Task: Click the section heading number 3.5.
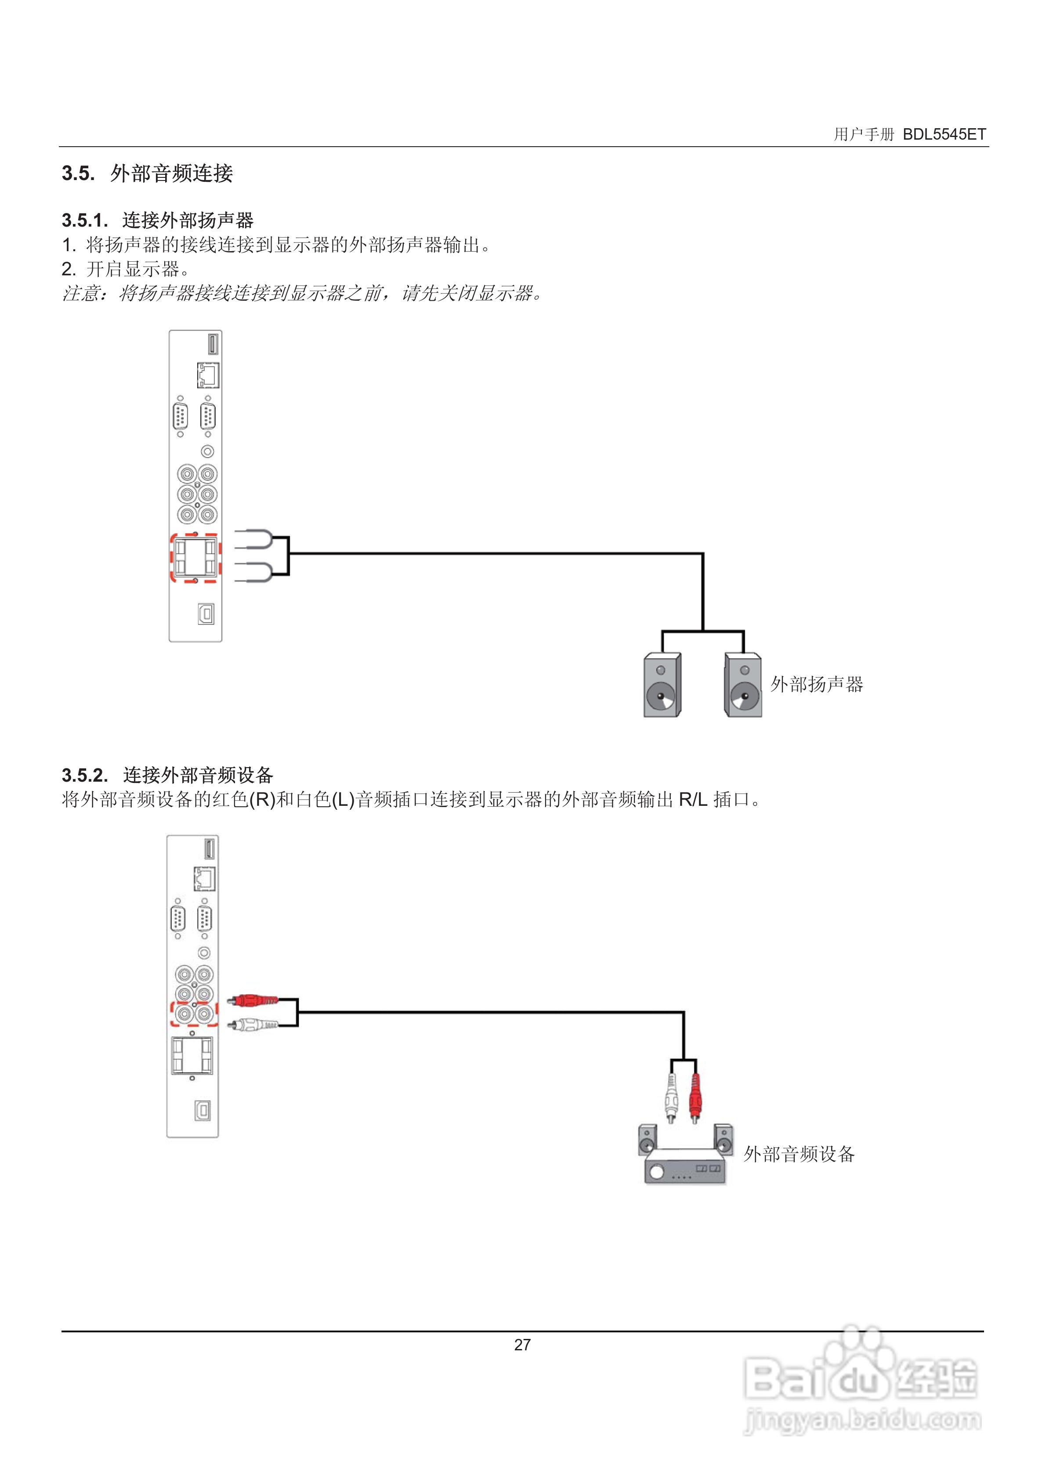point(78,173)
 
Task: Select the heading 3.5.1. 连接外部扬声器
point(157,220)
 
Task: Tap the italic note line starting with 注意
point(303,294)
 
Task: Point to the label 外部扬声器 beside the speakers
point(817,684)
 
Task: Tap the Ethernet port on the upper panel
point(208,375)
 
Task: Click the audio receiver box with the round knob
point(684,1167)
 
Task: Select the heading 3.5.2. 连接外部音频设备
point(167,775)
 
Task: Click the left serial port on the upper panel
point(181,417)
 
